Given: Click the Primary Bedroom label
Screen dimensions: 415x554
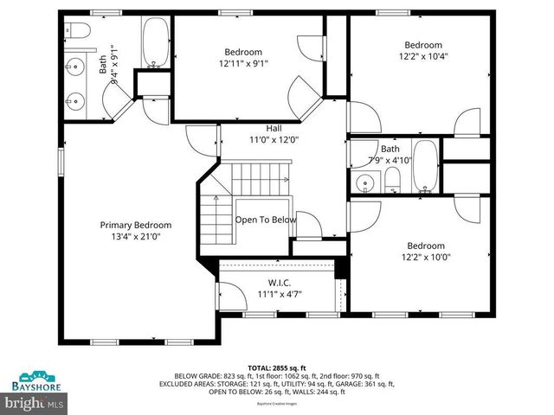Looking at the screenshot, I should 135,225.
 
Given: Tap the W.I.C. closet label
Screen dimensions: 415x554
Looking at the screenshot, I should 280,283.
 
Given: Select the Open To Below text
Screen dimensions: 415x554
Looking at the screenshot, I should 266,220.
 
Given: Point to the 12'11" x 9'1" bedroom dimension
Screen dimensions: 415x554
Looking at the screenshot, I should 243,62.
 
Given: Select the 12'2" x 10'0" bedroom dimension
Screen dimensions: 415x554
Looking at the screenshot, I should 425,257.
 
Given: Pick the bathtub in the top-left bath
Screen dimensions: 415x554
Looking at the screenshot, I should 157,40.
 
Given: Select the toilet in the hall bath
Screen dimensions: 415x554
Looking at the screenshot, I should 392,180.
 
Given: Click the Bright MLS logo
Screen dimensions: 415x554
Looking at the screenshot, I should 35,403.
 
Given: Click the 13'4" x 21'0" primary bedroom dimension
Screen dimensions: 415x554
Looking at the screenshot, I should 135,236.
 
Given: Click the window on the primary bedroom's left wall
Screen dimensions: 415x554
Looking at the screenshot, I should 61,162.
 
